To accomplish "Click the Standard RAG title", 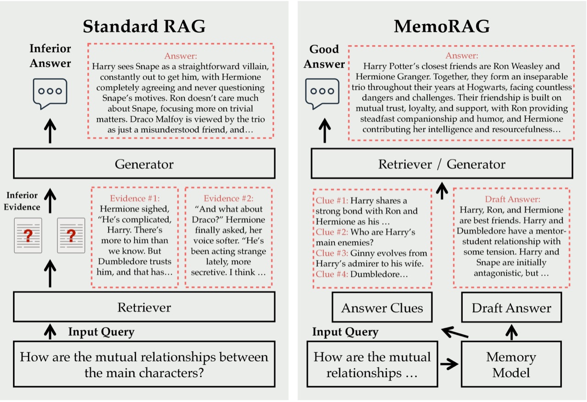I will point(144,27).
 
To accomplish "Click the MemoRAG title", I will point(442,27).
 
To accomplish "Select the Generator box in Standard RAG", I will point(144,164).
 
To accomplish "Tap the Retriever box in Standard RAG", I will point(144,307).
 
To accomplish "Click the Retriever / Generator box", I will point(442,164).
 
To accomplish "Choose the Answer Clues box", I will point(382,308).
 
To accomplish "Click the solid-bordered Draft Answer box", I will point(511,308).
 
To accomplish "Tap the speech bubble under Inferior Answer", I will point(50,93).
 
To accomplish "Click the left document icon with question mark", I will point(28,235).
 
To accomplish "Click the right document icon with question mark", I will point(71,235).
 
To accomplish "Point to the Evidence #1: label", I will point(135,199).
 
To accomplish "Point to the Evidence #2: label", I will point(228,199).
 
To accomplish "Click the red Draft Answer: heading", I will point(512,200).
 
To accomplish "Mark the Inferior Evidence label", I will point(22,201).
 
